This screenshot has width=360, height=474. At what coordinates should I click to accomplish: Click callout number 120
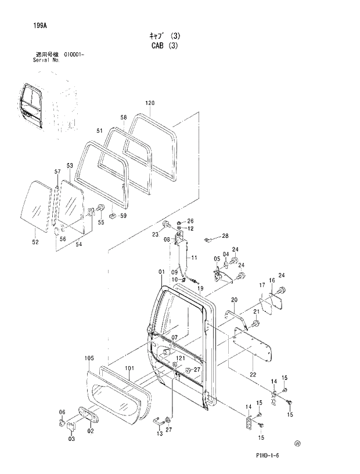coord(150,103)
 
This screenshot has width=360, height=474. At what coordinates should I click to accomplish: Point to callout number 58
coord(123,117)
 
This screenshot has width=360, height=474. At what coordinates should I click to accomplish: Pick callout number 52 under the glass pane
coord(35,242)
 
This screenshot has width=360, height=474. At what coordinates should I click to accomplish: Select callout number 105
coord(89,359)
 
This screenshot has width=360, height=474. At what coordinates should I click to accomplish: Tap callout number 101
coord(129,368)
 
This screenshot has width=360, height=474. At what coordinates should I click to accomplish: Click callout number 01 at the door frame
coord(161,272)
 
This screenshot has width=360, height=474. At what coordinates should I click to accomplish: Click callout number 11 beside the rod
coord(195,257)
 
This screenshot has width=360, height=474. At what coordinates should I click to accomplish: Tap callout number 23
coord(155,234)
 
